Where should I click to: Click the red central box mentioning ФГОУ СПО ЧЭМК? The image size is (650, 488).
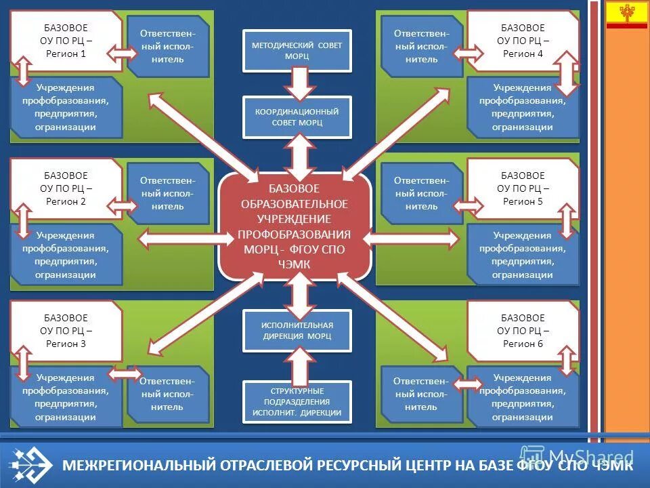coord(295,227)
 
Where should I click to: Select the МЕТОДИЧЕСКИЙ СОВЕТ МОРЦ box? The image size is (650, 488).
coord(297,50)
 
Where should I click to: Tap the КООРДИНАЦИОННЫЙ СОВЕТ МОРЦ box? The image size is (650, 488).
coord(297,117)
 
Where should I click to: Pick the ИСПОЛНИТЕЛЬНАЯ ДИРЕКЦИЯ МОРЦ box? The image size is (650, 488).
coord(297,330)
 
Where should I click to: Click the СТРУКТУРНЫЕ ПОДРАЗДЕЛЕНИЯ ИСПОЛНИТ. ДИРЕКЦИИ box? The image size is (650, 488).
coord(297,401)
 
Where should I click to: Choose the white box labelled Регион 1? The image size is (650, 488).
coord(66,41)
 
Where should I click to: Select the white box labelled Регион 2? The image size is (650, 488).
coord(66,188)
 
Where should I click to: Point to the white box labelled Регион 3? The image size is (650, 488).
coord(66,331)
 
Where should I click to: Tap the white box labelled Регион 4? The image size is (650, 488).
coord(522,41)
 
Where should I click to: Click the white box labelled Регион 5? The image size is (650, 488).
coord(522,188)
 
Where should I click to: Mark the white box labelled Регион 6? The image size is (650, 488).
coord(522,331)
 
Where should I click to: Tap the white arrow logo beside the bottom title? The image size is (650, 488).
coord(30,464)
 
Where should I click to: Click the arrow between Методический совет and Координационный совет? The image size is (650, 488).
coord(297,83)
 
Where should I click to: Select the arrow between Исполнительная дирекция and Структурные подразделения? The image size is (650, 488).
coord(297,365)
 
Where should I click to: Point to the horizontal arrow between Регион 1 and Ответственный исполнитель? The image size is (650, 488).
coord(124,53)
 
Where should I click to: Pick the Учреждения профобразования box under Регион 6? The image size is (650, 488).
coord(522,397)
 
